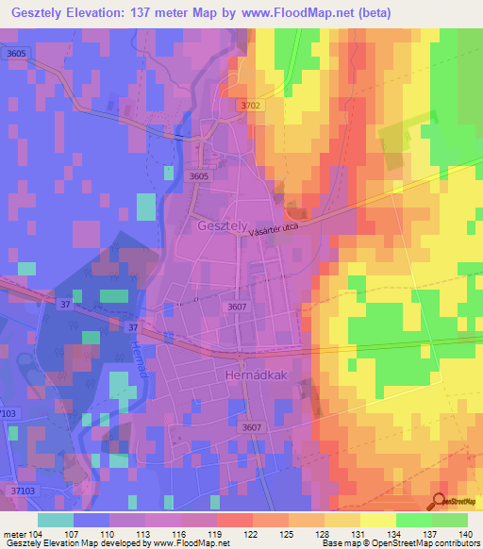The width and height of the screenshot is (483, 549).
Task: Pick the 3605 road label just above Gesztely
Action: tap(198, 176)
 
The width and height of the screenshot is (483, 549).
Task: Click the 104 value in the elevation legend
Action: tap(35, 533)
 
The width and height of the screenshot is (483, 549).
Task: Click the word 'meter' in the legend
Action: tap(12, 533)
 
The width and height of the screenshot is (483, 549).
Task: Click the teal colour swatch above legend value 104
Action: tap(56, 520)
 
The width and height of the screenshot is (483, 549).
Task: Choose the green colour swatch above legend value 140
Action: tap(450, 520)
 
